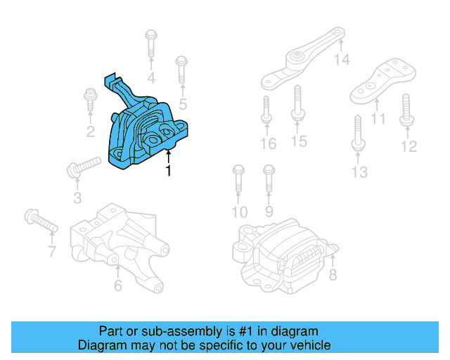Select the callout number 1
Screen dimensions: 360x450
pyautogui.click(x=167, y=171)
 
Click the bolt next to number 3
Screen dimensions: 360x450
pyautogui.click(x=83, y=167)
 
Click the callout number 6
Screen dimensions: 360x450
pyautogui.click(x=117, y=285)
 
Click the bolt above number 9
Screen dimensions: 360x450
pyautogui.click(x=268, y=179)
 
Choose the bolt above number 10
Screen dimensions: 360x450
pyautogui.click(x=238, y=179)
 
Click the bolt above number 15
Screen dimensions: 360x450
pyautogui.click(x=297, y=103)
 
